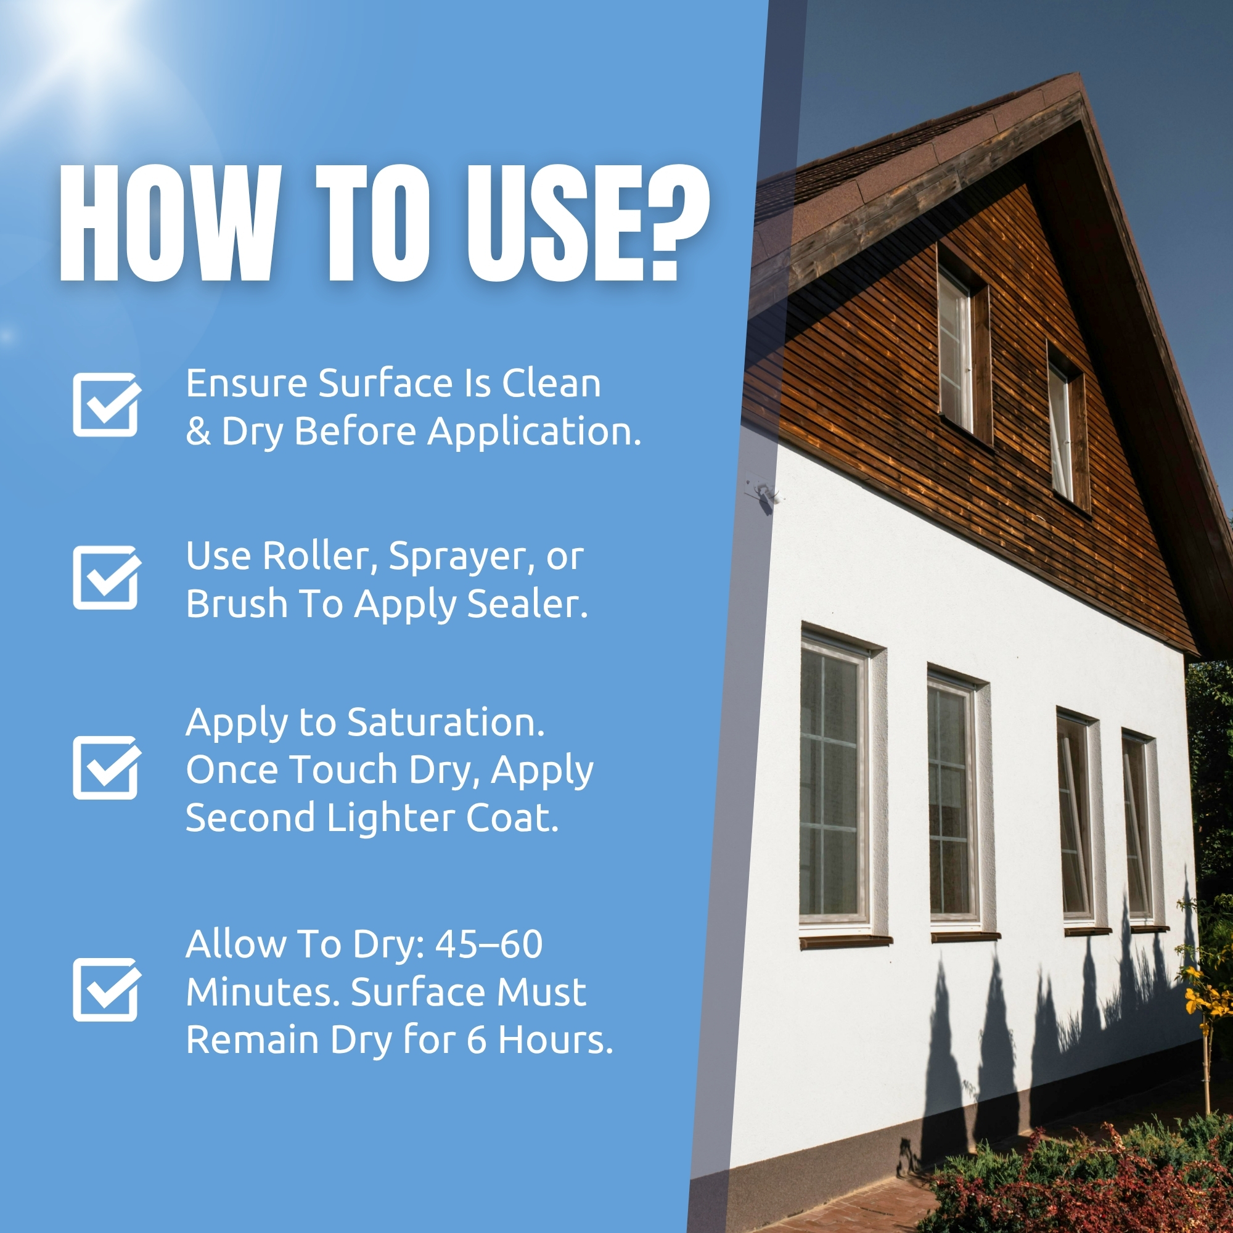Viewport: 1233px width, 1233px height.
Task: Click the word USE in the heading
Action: (x=547, y=223)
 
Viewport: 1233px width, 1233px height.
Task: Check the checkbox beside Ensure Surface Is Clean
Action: (x=107, y=404)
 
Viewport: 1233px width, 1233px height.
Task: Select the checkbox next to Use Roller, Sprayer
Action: (x=107, y=578)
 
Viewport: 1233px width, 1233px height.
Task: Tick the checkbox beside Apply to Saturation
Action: (x=107, y=768)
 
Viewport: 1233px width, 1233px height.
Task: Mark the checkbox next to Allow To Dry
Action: (x=107, y=990)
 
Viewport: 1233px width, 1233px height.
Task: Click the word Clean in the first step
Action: (x=551, y=383)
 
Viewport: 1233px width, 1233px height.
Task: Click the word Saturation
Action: (x=446, y=723)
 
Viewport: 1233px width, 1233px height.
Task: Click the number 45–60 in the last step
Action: (x=489, y=944)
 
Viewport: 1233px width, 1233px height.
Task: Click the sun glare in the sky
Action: (x=83, y=32)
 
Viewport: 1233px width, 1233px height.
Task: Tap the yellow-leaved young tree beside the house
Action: (x=1206, y=1009)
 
